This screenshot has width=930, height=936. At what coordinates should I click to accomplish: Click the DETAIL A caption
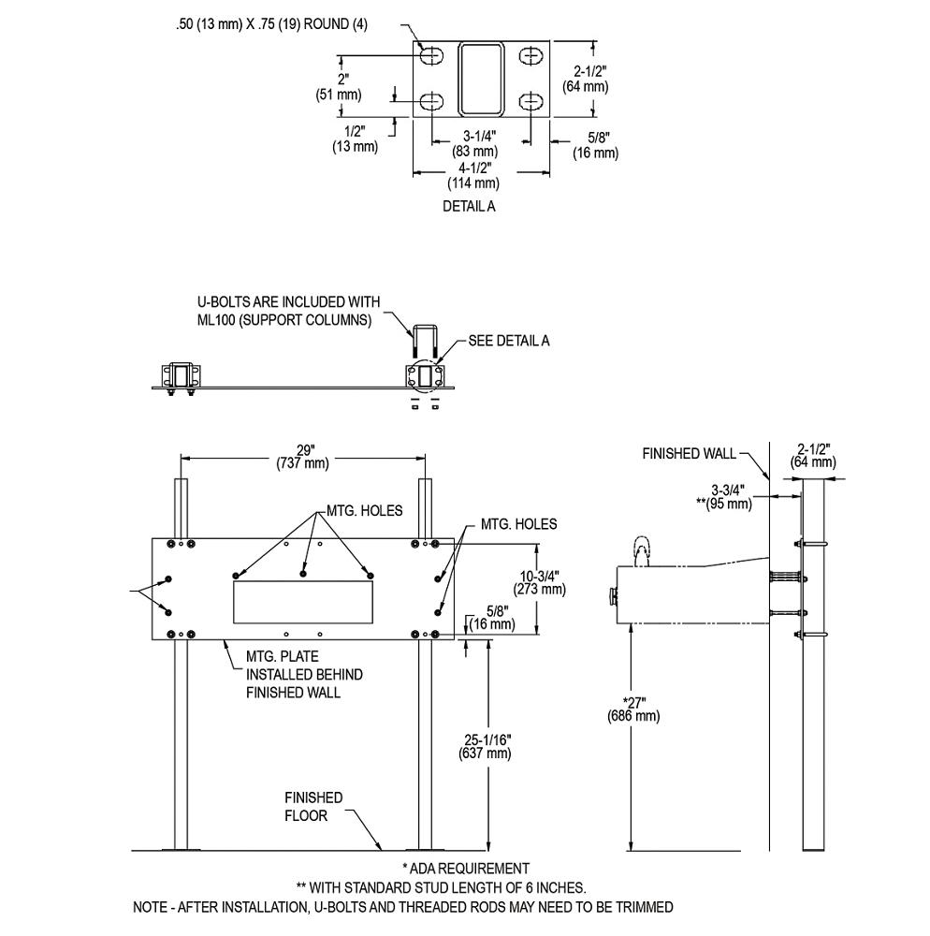click(469, 207)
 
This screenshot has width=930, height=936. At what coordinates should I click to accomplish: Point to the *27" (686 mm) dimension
click(633, 709)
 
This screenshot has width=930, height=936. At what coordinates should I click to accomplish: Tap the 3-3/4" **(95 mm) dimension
click(726, 497)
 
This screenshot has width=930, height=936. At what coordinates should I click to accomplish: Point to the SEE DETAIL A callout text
click(508, 341)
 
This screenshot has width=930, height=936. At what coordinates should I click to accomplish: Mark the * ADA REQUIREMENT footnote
click(465, 869)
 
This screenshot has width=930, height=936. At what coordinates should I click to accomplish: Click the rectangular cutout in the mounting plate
click(302, 601)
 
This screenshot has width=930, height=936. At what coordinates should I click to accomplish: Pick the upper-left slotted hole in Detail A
click(432, 57)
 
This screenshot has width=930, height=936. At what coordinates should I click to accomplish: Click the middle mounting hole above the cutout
click(303, 573)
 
